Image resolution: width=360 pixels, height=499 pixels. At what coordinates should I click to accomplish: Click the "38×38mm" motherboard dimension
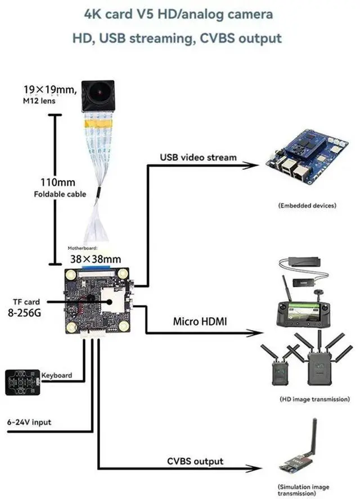(x=95, y=259)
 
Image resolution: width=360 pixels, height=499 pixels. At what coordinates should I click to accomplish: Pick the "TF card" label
(x=26, y=302)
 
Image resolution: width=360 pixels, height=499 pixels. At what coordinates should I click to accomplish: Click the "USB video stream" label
(x=198, y=157)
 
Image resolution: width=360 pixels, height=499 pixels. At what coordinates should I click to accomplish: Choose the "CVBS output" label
(x=195, y=461)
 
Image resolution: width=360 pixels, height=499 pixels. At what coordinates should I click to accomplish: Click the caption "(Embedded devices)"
(x=307, y=206)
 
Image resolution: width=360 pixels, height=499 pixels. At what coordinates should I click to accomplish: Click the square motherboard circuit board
(x=100, y=301)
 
